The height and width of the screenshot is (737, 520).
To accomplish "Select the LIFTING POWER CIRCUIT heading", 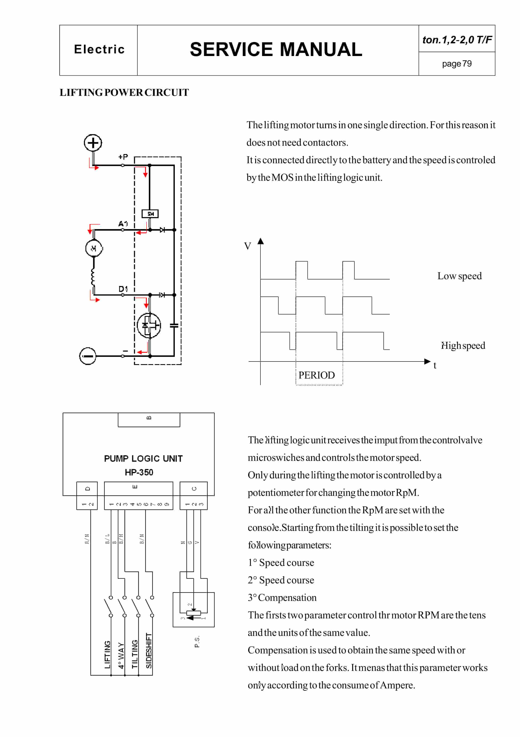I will pos(124,92).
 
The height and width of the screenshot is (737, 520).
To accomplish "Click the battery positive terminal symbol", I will pos(93,142).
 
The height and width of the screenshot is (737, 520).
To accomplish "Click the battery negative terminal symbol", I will pos(88,356).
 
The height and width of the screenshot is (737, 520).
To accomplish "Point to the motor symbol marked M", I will pos(94,248).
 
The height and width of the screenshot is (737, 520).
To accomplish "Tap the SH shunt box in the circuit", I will pos(150,213).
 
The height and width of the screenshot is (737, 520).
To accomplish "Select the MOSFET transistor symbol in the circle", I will pos(149,325).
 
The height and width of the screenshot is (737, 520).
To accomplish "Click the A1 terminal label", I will pos(123,223).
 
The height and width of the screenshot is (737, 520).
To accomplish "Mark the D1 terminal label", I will pos(123,289).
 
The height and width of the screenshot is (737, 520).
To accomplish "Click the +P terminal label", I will pos(123,157).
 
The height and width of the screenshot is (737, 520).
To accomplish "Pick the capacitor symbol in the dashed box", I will pos(174,325).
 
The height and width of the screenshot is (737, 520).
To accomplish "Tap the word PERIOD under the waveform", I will pos(316,375).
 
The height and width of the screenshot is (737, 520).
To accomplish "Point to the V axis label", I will pos(248,246).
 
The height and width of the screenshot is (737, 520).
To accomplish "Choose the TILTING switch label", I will pos(135,654).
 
